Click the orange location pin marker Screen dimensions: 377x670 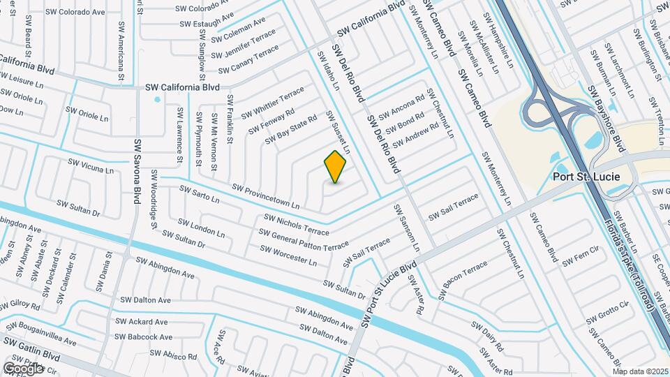[x=336, y=166]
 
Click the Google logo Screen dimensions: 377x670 [x=24, y=368]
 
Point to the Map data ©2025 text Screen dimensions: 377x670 [x=641, y=371]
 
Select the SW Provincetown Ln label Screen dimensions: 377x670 [x=265, y=197]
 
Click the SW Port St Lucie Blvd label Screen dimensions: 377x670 [x=388, y=294]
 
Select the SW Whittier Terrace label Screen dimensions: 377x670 [x=273, y=103]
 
